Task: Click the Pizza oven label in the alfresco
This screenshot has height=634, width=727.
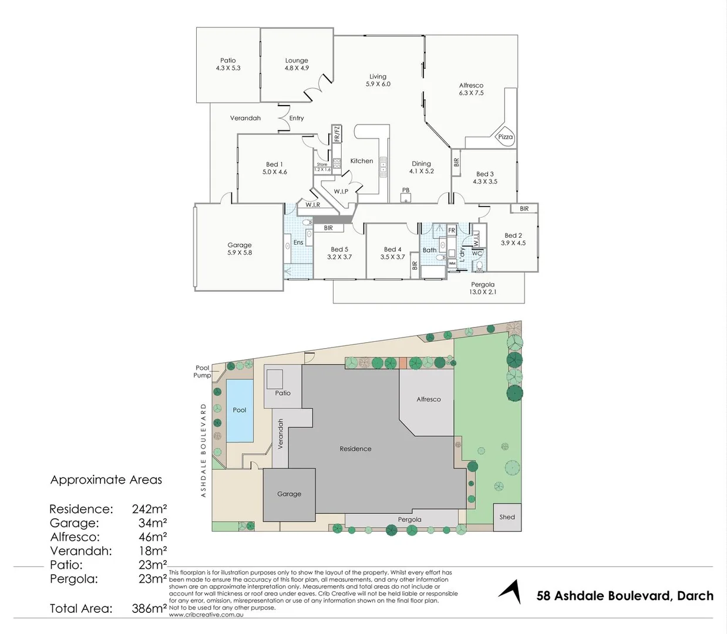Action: point(505,137)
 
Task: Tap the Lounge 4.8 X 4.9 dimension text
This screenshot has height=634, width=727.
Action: point(297,68)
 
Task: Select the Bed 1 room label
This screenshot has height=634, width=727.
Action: point(274,164)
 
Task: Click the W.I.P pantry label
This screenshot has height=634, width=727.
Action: point(341,191)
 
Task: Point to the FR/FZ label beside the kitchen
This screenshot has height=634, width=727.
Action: point(337,134)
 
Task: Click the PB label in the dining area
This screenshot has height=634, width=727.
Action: point(406,190)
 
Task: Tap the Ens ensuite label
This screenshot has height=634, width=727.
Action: point(298,242)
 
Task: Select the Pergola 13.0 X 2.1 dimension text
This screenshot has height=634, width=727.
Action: point(483,292)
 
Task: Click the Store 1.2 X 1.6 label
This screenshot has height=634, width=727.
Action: point(322,167)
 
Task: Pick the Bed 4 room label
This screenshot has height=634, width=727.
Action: point(392,249)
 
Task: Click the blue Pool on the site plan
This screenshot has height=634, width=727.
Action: point(240,410)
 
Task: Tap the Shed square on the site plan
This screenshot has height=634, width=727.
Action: point(507,517)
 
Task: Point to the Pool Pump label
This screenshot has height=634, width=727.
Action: point(202,372)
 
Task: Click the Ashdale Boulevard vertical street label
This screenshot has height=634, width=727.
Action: point(204,450)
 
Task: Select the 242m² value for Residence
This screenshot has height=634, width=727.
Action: point(149,509)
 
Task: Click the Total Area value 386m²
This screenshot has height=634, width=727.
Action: point(149,608)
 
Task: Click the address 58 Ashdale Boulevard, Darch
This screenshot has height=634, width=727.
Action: point(625,596)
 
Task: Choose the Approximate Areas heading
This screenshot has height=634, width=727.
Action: point(106,480)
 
